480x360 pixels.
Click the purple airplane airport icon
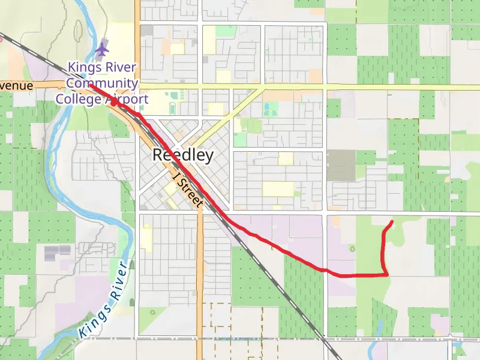(x=102, y=47)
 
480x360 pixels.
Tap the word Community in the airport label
(x=102, y=83)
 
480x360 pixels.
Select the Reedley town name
(x=183, y=155)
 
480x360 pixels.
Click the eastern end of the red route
(x=392, y=222)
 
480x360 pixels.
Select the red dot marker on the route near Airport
(x=113, y=103)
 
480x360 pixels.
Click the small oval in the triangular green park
(x=154, y=312)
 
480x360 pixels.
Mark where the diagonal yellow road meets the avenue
(x=263, y=88)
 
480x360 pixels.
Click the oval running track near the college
(x=173, y=109)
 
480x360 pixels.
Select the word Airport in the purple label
(x=127, y=98)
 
